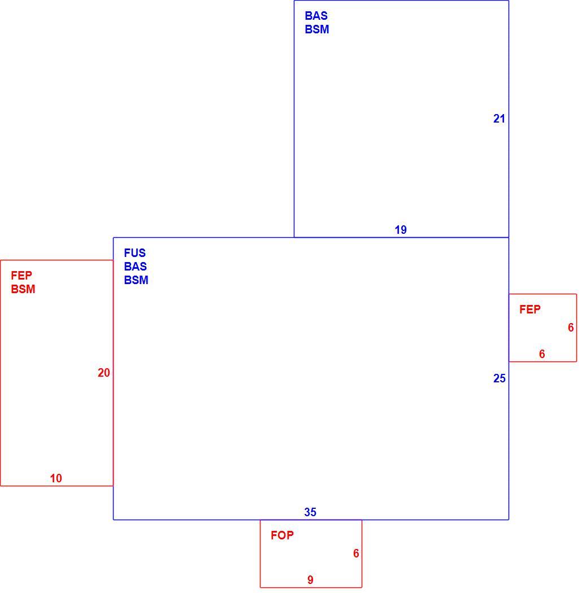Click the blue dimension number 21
click(x=499, y=119)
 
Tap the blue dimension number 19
click(x=401, y=229)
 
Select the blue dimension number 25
click(x=499, y=378)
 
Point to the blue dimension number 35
click(x=310, y=512)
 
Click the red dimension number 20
click(x=103, y=373)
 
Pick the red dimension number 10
click(x=56, y=478)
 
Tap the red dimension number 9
click(x=310, y=580)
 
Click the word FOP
click(x=282, y=535)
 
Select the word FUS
click(x=134, y=252)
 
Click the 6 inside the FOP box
click(x=356, y=553)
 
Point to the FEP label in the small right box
click(x=530, y=309)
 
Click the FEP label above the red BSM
click(x=21, y=276)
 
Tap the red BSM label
click(x=23, y=289)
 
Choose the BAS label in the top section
click(x=316, y=15)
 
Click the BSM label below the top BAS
click(x=317, y=29)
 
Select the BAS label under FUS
click(x=135, y=266)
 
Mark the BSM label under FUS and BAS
click(x=136, y=280)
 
